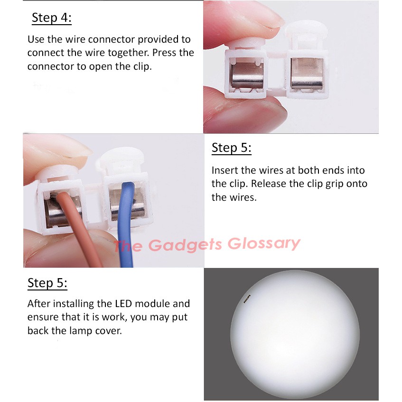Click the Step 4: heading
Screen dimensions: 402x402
(x=52, y=18)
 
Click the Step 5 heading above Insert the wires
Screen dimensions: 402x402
(x=232, y=148)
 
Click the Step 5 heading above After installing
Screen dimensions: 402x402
(x=47, y=283)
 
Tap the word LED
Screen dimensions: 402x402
(x=123, y=304)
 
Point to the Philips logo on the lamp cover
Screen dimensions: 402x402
(x=247, y=299)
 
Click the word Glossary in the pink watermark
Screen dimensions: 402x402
(x=264, y=243)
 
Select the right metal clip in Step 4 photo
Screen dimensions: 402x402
(x=307, y=74)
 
